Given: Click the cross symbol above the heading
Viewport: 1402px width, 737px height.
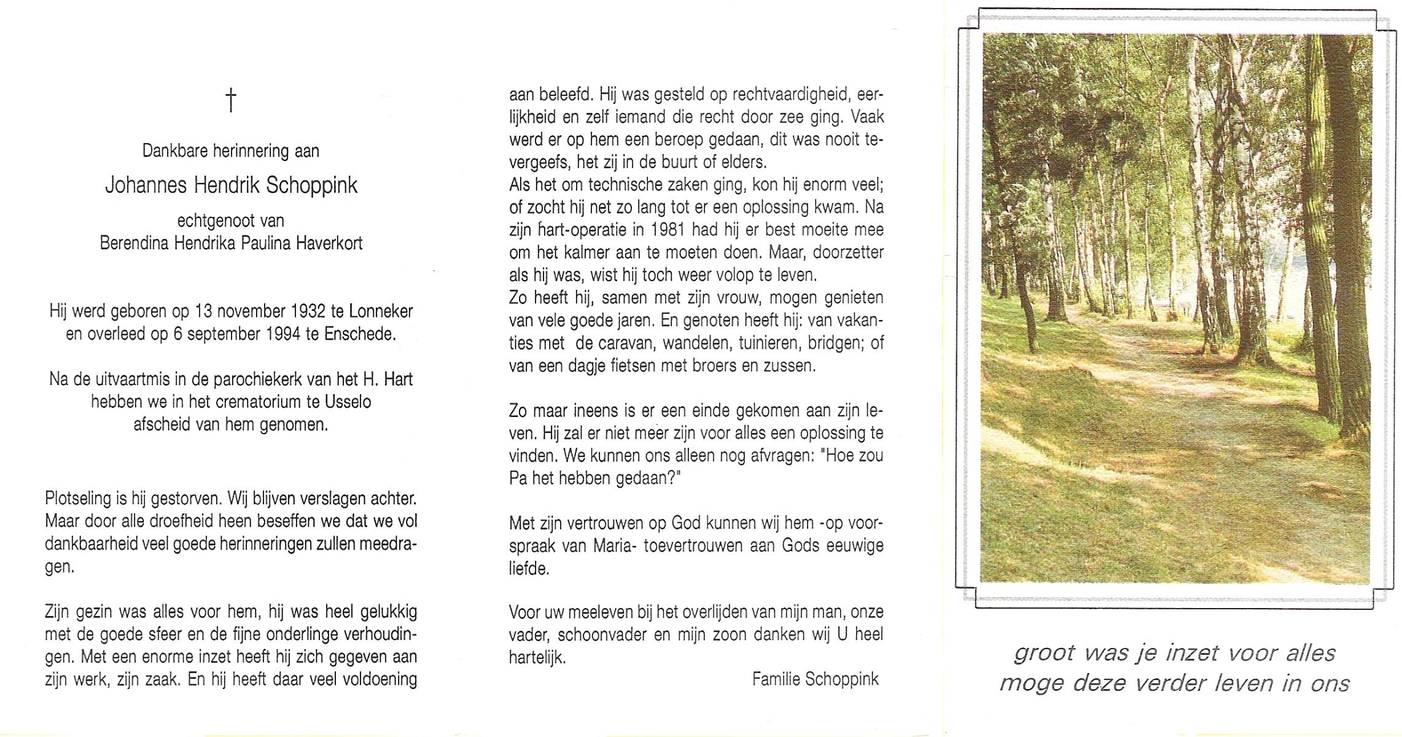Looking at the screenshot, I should pyautogui.click(x=231, y=100).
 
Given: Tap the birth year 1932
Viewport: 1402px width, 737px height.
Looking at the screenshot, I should pyautogui.click(x=308, y=311).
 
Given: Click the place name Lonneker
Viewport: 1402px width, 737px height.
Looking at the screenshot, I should pyautogui.click(x=381, y=311).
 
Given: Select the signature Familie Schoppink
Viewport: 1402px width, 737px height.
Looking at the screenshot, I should pyautogui.click(x=815, y=679).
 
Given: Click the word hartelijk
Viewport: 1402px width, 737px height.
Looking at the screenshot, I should pyautogui.click(x=537, y=658).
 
